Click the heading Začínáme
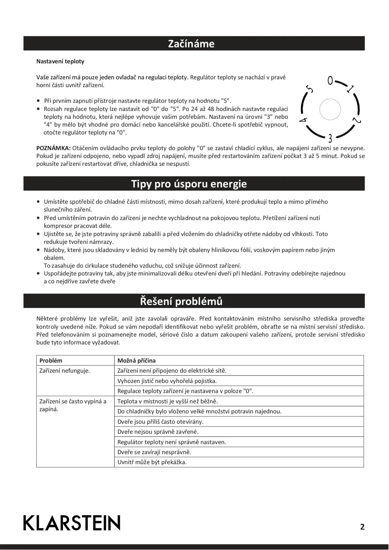click(191, 44)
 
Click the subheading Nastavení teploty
click(60, 61)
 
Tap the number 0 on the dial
click(330, 81)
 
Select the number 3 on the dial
click(330, 138)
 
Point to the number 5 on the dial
click(310, 89)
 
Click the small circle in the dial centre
click(330, 109)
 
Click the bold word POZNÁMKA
click(54, 148)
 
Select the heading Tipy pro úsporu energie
click(189, 184)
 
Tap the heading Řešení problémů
click(181, 301)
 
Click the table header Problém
click(51, 361)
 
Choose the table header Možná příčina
click(136, 361)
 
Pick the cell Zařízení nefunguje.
click(65, 371)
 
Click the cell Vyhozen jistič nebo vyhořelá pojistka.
click(167, 381)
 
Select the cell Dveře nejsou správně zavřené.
click(158, 432)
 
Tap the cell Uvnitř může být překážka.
click(152, 462)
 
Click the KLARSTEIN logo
click(72, 523)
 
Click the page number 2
click(362, 527)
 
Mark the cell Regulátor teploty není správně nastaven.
click(172, 442)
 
